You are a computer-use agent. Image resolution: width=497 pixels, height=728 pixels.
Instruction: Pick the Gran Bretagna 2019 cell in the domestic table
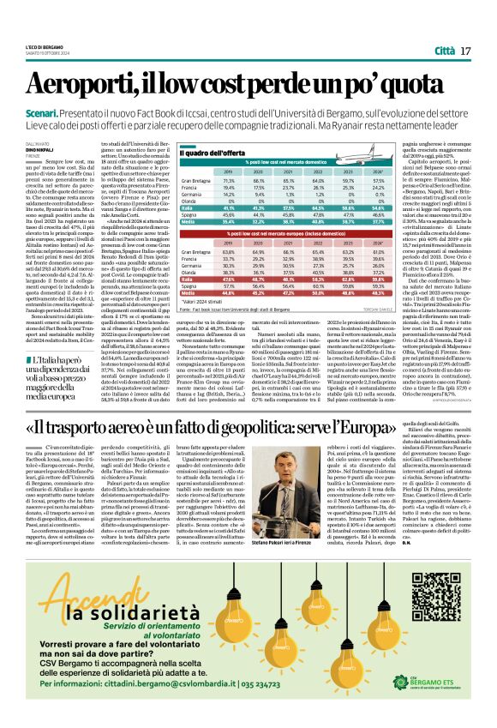229,181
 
